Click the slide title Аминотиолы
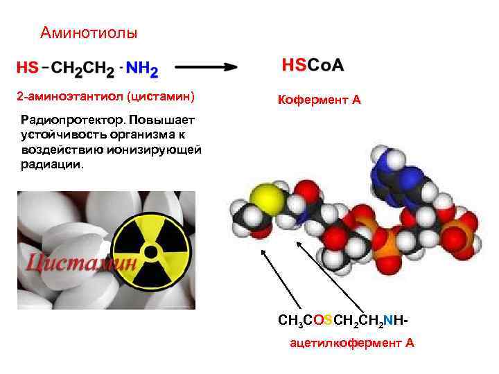(x=89, y=33)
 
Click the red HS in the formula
(x=28, y=69)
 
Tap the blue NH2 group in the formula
(x=143, y=69)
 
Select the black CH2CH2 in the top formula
(x=83, y=69)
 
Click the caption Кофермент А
(x=319, y=100)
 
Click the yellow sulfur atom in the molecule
(x=267, y=197)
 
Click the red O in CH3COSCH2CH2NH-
(x=309, y=321)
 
